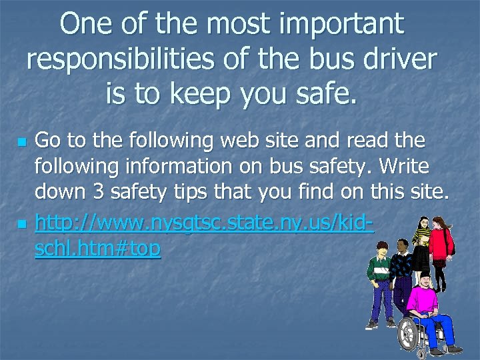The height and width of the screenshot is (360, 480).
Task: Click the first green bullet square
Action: click(23, 143)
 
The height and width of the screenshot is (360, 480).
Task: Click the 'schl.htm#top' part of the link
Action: click(97, 248)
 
